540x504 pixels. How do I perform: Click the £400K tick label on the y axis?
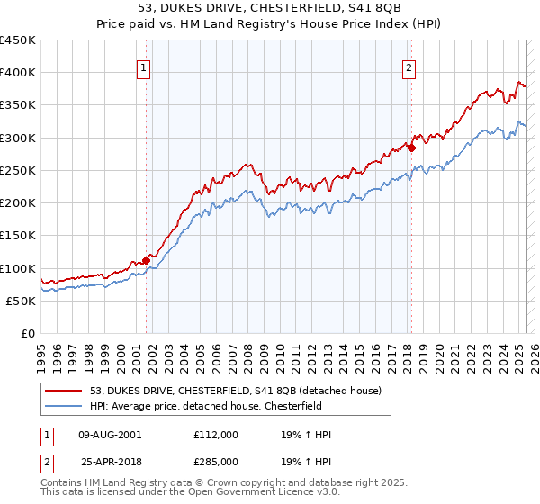(x=18, y=73)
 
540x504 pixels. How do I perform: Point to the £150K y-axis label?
(x=18, y=236)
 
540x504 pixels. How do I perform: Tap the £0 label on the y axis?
(x=28, y=334)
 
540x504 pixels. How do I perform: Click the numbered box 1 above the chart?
(x=144, y=66)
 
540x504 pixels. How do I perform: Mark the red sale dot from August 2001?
(x=146, y=260)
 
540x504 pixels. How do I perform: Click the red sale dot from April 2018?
(x=411, y=148)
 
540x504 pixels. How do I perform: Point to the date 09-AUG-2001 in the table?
(x=110, y=435)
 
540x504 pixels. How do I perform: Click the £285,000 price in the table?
(x=216, y=462)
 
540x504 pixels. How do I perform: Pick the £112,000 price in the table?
(x=216, y=435)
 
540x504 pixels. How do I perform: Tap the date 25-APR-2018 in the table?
(x=110, y=462)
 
